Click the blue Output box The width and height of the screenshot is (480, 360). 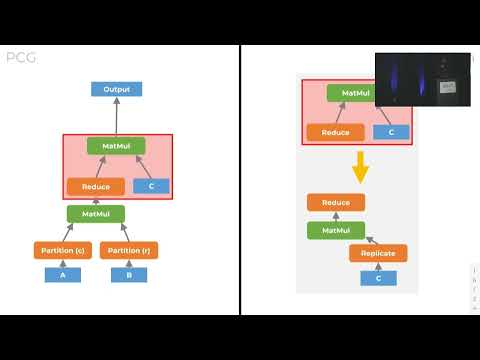click(116, 89)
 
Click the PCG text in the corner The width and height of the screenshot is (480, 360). click(21, 58)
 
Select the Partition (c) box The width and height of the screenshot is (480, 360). click(62, 250)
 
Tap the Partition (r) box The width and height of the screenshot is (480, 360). click(129, 250)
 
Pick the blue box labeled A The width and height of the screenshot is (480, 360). click(62, 275)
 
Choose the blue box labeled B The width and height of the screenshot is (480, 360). click(129, 275)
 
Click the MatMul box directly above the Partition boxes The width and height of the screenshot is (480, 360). click(96, 213)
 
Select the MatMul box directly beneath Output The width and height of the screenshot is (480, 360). click(116, 146)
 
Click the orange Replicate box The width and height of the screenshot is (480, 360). click(378, 253)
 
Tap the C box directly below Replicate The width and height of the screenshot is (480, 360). click(378, 278)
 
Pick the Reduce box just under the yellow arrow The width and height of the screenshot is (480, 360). click(336, 203)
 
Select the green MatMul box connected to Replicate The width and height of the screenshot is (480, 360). click(336, 230)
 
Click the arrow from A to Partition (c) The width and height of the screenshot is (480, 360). click(62, 263)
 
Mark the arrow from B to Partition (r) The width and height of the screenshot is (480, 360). click(129, 263)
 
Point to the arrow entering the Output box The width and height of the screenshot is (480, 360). click(116, 116)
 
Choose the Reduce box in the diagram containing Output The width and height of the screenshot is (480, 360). click(96, 186)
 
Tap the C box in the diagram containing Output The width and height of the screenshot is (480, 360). click(151, 186)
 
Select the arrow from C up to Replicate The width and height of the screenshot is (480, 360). click(378, 266)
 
